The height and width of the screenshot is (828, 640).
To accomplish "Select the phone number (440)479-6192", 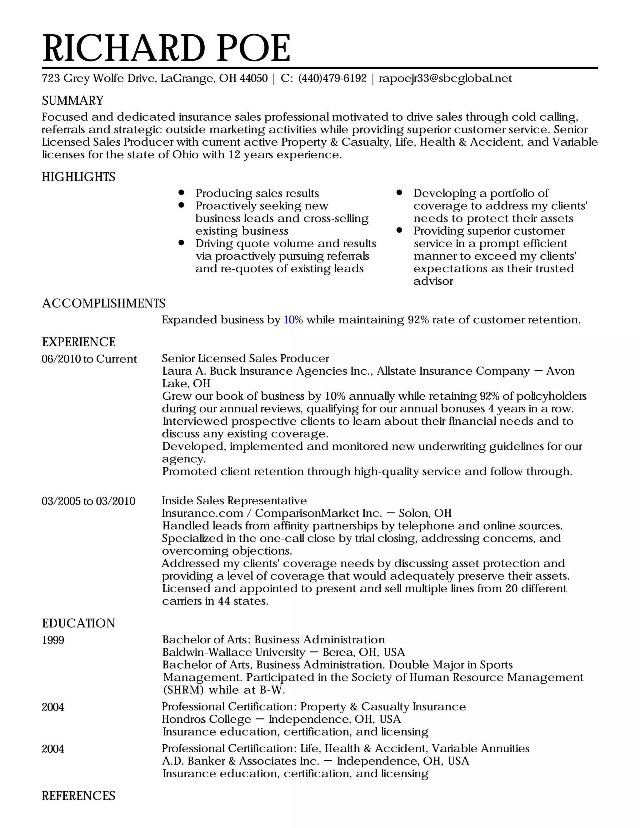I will [332, 78].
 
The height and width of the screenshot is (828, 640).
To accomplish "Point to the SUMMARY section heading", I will [72, 101].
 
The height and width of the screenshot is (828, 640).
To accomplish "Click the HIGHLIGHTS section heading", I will [78, 177].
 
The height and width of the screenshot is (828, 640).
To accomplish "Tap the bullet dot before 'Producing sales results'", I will [182, 192].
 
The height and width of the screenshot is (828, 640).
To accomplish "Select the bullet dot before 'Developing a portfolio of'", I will [399, 192].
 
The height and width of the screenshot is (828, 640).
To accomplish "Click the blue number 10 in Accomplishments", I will [289, 320].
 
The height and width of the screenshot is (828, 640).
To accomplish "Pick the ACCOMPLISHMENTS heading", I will [103, 303].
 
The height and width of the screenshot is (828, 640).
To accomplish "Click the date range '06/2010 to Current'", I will [89, 359].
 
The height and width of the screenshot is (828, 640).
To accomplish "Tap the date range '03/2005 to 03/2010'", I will [88, 501].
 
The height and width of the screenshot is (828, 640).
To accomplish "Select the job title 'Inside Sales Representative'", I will [234, 501].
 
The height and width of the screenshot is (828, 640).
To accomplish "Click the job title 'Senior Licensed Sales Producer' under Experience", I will [245, 359].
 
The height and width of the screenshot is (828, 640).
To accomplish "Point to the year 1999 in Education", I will [53, 640].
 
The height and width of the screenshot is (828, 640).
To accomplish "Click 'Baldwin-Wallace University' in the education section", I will [233, 652].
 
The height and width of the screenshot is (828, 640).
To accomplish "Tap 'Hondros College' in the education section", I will [206, 719].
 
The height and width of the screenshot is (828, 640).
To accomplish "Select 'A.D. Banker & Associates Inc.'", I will [240, 761].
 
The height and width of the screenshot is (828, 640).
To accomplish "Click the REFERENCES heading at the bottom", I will [78, 796].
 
